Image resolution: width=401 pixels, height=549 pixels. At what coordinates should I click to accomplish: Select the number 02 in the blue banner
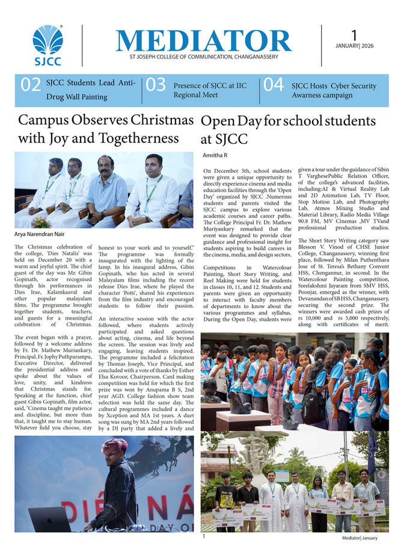pos(31,85)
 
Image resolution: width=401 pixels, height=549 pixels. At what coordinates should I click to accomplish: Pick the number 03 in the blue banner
pos(155,85)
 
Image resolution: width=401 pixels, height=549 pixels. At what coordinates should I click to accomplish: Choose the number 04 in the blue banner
pos(274,85)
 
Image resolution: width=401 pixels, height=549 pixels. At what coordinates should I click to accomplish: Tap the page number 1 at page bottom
pos(204,536)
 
